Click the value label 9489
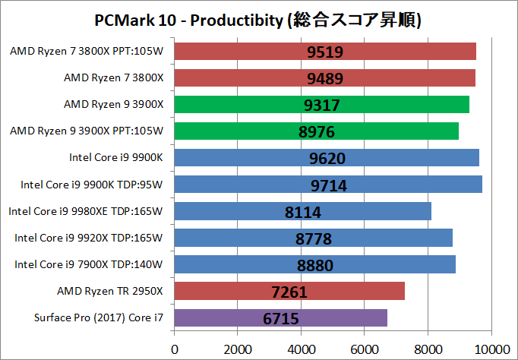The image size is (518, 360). pos(324,78)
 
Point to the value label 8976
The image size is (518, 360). pos(316,131)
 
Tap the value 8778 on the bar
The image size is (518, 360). pos(313,238)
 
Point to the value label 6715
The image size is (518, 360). pos(281,318)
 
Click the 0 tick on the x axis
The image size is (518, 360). pos(175,348)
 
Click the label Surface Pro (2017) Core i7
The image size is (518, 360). pos(99,317)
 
